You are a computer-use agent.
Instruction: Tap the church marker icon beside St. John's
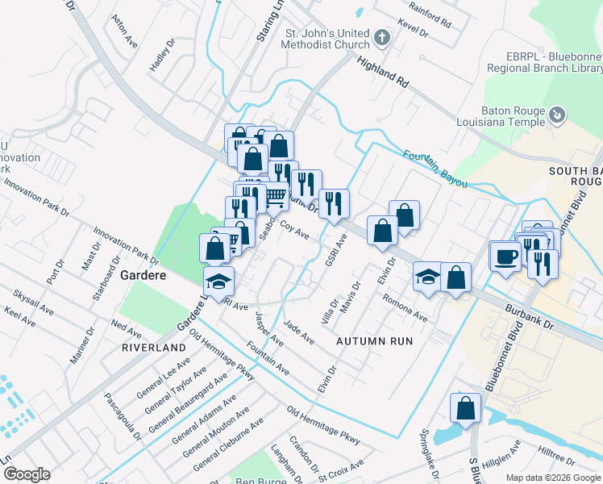381,37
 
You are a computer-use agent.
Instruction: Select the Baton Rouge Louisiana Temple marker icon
555,115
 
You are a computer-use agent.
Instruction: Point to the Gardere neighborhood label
143,275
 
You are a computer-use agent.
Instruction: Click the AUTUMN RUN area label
374,341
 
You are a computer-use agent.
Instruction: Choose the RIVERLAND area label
153,347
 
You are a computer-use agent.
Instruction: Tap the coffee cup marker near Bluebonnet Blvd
505,257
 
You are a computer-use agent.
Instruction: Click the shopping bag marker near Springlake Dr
465,408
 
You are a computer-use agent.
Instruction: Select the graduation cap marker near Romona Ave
427,277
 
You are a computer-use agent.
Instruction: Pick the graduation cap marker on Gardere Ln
218,282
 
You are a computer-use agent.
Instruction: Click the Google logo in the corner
26,474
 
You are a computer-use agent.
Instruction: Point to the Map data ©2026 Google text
553,478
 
